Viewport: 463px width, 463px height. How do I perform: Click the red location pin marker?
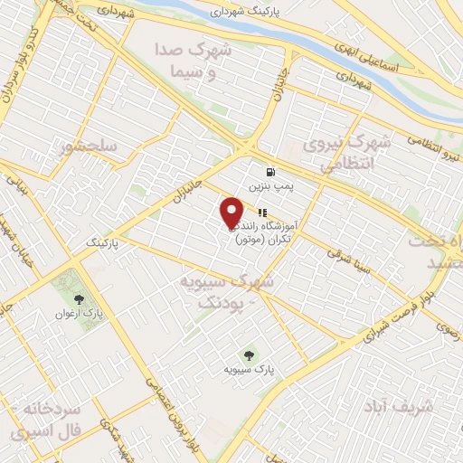[231, 212]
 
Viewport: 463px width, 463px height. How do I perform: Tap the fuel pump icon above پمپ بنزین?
[269, 172]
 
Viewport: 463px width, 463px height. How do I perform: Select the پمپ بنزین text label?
[269, 186]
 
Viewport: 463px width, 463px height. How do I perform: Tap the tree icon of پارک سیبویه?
[250, 354]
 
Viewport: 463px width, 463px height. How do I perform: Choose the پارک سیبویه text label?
[250, 370]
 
